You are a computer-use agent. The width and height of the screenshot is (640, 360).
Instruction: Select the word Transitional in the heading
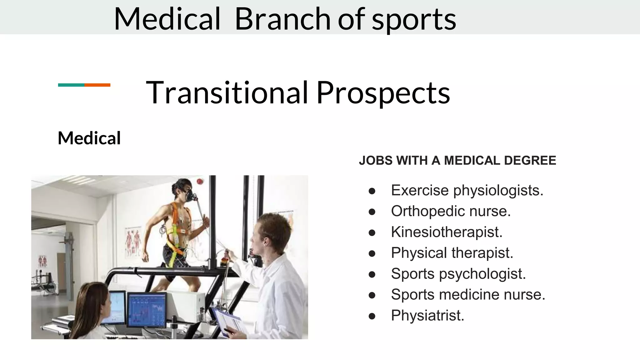pos(227,92)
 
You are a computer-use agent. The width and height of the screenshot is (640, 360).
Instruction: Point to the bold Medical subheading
pos(89,138)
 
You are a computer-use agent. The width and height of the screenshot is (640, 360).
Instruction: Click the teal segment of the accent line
pos(71,85)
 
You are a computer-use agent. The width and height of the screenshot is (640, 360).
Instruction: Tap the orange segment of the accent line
pos(97,85)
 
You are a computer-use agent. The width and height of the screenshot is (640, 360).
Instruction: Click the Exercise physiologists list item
pos(467,190)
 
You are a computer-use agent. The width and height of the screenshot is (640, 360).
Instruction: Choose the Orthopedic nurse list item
pos(451,211)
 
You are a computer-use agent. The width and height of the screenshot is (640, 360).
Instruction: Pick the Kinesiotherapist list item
pos(447,232)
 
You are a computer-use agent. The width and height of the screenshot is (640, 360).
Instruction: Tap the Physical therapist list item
pos(452,253)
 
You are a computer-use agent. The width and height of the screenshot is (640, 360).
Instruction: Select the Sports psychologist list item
pos(458,274)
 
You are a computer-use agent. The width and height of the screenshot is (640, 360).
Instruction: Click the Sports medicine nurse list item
pos(468,294)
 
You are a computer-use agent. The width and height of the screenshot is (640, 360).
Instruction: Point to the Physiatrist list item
pos(427,315)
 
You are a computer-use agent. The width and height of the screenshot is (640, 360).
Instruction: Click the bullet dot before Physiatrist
pos(372,316)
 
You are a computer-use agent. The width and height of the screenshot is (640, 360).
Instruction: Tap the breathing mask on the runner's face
pos(190,196)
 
